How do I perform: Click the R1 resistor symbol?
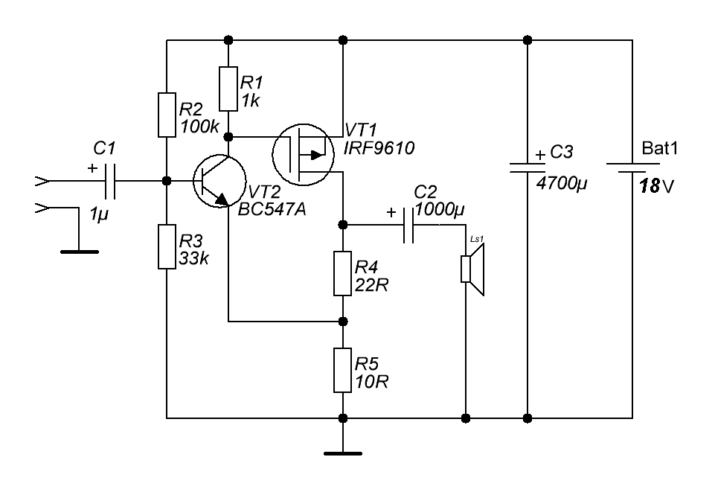pos(228,89)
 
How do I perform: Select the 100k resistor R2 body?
pos(167,115)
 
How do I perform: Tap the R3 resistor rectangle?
pos(167,247)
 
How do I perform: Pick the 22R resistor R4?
pos(342,273)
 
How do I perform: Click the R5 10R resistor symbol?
pos(342,370)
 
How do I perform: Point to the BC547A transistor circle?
pos(219,181)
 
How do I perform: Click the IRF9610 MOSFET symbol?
pos(303,154)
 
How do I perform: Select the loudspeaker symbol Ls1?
pos(472,269)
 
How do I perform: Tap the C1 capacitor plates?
pos(110,181)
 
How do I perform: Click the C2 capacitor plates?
pos(408,226)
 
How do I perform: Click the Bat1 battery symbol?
pos(632,167)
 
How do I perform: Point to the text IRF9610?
pos(379,148)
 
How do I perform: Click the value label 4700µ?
pos(562,183)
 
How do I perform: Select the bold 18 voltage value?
pos(650,185)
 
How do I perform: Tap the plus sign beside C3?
pos(540,155)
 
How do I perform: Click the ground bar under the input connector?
pos(80,252)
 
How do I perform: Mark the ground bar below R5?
pos(343,453)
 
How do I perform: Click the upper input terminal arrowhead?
pos(42,181)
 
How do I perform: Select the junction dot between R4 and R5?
pos(343,322)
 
